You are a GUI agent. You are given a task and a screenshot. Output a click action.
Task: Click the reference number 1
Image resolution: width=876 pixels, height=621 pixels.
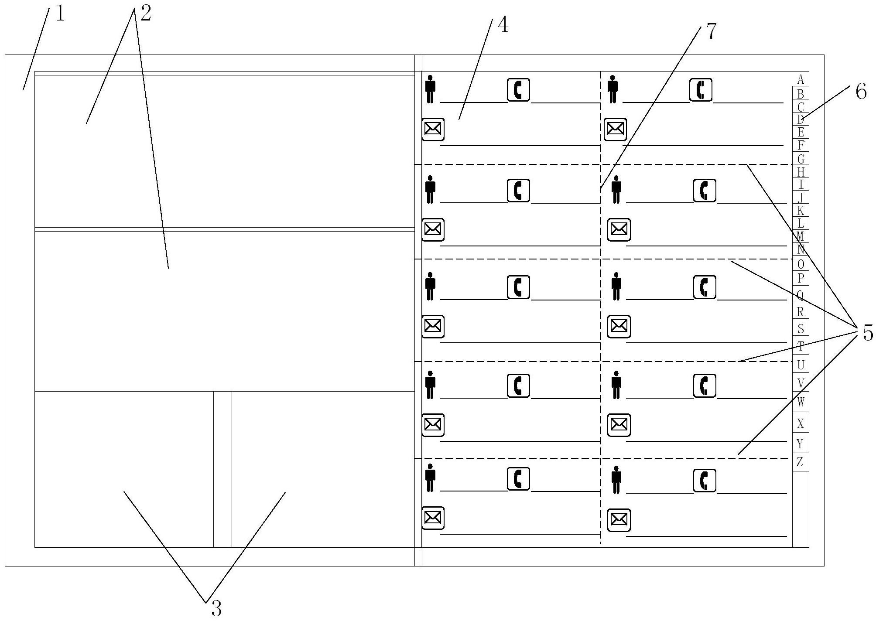pos(60,14)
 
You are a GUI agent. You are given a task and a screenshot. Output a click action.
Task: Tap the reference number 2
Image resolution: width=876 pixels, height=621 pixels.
pos(145,14)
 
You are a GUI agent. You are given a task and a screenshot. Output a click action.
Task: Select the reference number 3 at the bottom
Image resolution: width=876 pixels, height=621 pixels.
pos(216,607)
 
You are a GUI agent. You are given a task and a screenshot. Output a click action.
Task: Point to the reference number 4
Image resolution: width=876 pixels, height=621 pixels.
pos(503,26)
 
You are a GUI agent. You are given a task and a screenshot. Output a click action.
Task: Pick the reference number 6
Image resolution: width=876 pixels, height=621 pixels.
pos(861,92)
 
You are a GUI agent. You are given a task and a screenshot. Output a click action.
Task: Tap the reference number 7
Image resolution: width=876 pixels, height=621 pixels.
pos(711,32)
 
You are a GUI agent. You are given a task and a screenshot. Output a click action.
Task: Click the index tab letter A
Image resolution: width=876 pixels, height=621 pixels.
pos(800,79)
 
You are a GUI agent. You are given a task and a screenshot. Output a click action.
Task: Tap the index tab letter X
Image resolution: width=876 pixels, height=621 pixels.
pos(800,423)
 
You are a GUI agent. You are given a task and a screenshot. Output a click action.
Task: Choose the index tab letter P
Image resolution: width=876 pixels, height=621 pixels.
pos(800,278)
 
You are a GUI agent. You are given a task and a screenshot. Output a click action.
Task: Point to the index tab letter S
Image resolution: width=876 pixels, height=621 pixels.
pos(800,328)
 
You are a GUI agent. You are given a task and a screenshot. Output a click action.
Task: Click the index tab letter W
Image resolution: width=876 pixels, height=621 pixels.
pos(800,401)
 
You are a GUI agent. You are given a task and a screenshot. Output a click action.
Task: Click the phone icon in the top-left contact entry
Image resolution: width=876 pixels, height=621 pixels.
pos(518,90)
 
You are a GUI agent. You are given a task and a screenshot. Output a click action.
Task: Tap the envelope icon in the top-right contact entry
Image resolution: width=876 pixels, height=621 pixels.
pos(615,129)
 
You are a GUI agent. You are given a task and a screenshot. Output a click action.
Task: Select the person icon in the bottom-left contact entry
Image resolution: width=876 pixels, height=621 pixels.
pos(431,478)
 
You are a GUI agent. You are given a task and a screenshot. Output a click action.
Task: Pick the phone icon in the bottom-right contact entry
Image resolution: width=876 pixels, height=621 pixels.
pos(704,481)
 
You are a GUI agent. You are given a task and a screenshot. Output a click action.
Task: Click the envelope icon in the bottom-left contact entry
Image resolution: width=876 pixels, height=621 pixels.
pos(433,518)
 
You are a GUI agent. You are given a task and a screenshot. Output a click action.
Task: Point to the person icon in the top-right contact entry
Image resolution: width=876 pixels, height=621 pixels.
pos(613,89)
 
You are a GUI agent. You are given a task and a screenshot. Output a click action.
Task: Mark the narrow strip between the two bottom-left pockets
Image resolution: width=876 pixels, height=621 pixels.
pos(222,469)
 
